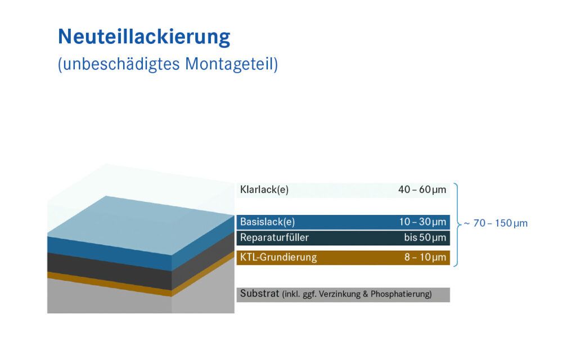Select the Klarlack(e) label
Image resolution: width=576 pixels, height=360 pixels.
pos(264,190)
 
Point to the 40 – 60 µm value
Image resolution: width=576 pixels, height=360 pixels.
pos(422,190)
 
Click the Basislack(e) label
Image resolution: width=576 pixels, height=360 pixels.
pos(267,222)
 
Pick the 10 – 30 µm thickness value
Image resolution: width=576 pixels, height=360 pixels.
pos(422,222)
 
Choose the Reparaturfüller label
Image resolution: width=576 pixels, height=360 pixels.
pos(274,237)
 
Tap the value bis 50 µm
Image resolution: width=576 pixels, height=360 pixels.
pos(425,238)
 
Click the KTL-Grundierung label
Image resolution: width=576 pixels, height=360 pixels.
pos(278,257)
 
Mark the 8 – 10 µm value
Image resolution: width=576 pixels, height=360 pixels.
pos(425,257)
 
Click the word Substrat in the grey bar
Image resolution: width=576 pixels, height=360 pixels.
pos(260,294)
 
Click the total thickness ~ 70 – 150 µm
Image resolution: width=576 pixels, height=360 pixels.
pos(496,223)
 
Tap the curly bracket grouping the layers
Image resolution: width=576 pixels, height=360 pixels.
pos(457,224)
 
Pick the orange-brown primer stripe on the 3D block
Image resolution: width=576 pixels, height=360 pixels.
pos(110,284)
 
